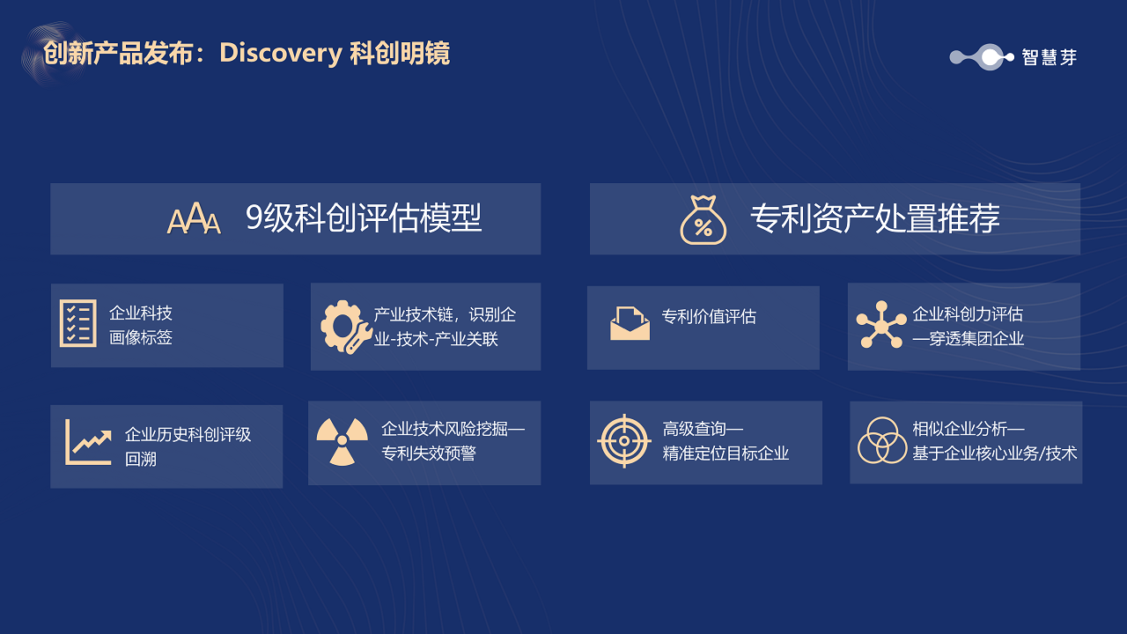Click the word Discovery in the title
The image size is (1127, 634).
(x=281, y=53)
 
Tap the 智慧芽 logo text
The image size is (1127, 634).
(x=1049, y=57)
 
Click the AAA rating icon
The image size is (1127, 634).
(x=194, y=218)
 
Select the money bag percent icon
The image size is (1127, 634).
(x=703, y=220)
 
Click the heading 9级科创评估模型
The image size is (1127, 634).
(x=364, y=218)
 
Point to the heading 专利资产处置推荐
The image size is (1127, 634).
(x=875, y=218)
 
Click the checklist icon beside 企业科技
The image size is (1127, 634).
(x=78, y=323)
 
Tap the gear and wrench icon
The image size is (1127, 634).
(x=346, y=327)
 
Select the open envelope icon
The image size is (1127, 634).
(x=630, y=323)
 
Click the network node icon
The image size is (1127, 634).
(x=881, y=325)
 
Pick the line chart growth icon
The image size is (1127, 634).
(x=88, y=442)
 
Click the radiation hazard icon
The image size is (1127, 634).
(x=343, y=441)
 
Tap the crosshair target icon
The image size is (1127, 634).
(x=624, y=441)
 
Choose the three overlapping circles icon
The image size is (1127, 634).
(x=882, y=440)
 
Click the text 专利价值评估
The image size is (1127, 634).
(x=709, y=316)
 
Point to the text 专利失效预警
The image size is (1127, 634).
(x=429, y=453)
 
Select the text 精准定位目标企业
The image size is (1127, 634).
(x=726, y=453)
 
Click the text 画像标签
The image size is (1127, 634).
(x=141, y=337)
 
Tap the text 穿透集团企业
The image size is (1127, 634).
(x=976, y=339)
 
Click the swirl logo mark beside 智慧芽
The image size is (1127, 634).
(x=982, y=57)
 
